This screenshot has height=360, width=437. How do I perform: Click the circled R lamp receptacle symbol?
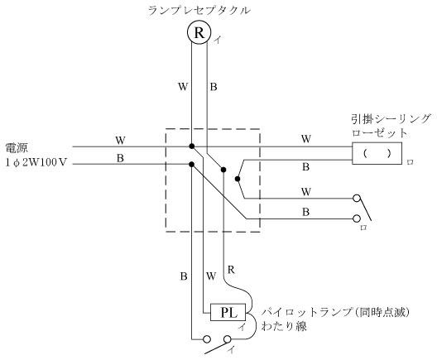click(x=199, y=32)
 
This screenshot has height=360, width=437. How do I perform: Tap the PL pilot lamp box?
click(x=228, y=312)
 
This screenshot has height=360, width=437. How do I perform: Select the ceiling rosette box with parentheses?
click(x=377, y=153)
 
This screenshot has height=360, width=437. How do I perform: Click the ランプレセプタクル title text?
click(x=199, y=11)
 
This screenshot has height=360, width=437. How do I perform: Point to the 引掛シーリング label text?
click(x=391, y=119)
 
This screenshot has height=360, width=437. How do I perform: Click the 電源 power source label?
click(x=17, y=148)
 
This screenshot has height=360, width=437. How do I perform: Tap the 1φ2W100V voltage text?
click(x=36, y=162)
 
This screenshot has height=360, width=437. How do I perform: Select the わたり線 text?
click(x=284, y=326)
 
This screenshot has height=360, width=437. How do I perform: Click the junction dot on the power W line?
click(x=192, y=146)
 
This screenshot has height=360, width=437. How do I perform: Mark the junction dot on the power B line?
click(x=191, y=164)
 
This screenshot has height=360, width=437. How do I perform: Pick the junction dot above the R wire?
click(x=223, y=170)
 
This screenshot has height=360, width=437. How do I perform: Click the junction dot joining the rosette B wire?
click(x=238, y=179)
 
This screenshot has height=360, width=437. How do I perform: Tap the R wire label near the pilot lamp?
click(x=231, y=270)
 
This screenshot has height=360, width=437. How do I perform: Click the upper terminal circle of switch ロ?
click(x=357, y=199)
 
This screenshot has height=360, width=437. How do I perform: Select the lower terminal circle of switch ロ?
click(x=357, y=218)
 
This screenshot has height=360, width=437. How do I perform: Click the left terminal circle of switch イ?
click(x=207, y=339)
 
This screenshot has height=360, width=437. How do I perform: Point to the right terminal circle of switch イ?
click(x=228, y=339)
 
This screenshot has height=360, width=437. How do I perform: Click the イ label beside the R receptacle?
click(x=218, y=41)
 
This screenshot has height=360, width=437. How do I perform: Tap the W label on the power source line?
click(x=120, y=140)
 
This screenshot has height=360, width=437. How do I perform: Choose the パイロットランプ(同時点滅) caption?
click(x=335, y=312)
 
